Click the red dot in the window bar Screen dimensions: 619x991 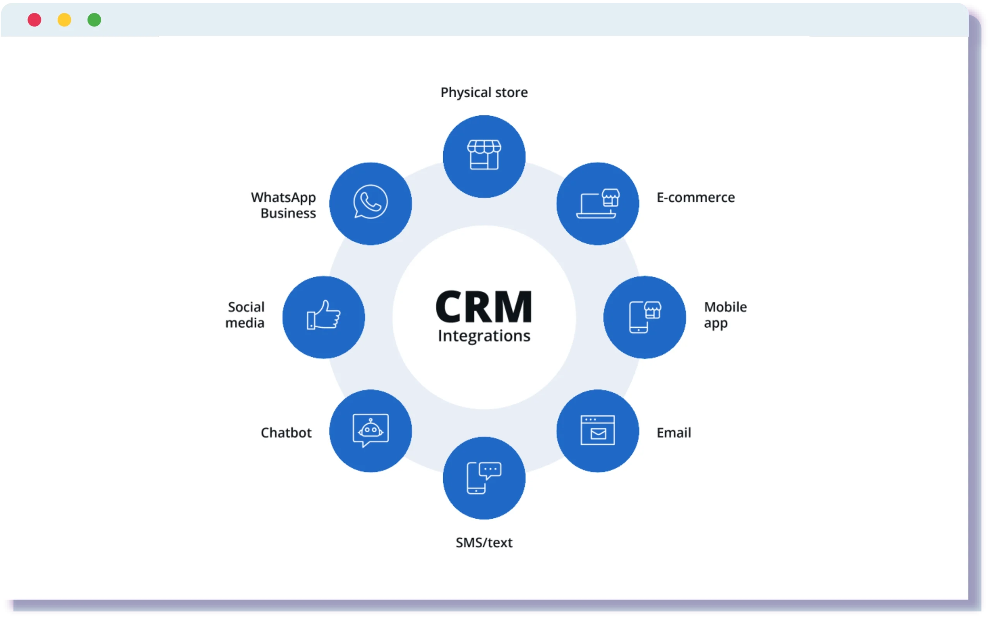pos(34,20)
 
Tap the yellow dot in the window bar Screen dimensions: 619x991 pos(64,20)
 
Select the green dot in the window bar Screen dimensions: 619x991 pos(94,20)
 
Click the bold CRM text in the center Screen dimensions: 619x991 pos(484,307)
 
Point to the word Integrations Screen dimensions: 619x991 pos(484,336)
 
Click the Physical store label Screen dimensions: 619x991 pos(484,93)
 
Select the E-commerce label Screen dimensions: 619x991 pos(695,198)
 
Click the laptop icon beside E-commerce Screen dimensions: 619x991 pos(598,204)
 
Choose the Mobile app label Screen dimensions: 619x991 pos(725,315)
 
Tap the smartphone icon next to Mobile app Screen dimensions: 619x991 pos(645,317)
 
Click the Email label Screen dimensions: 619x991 pos(674,433)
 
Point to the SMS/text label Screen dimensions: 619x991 pos(484,543)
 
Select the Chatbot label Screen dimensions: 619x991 pos(286,433)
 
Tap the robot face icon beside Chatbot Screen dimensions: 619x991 pos(370,430)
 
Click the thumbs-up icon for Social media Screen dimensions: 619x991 pos(324,315)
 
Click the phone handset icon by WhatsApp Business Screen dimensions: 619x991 pos(370,202)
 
